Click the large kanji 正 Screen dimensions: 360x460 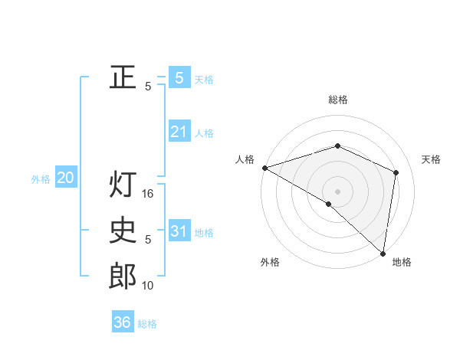click(x=123, y=77)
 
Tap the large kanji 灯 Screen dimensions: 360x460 click(x=123, y=185)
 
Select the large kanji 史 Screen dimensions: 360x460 click(x=123, y=231)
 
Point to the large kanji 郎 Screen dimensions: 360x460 click(x=123, y=276)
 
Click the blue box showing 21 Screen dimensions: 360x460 click(x=179, y=132)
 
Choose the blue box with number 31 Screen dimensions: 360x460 click(x=179, y=231)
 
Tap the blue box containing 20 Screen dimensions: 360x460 click(x=66, y=178)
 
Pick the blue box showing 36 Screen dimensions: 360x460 click(x=123, y=322)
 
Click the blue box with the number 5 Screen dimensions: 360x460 click(x=179, y=77)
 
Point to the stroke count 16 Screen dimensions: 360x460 click(x=149, y=194)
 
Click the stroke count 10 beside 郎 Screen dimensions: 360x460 click(x=149, y=286)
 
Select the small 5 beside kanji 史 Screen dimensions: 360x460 click(x=148, y=240)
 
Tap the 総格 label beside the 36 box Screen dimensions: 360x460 click(x=147, y=324)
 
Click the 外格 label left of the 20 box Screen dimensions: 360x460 click(x=41, y=179)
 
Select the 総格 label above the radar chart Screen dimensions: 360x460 click(x=337, y=100)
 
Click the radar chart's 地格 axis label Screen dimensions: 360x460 click(x=402, y=263)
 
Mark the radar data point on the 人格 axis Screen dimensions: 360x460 click(x=264, y=168)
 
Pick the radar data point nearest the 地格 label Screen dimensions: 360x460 click(x=383, y=252)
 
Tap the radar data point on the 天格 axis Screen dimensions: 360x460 click(x=396, y=172)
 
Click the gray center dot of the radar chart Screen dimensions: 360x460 click(x=337, y=191)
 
